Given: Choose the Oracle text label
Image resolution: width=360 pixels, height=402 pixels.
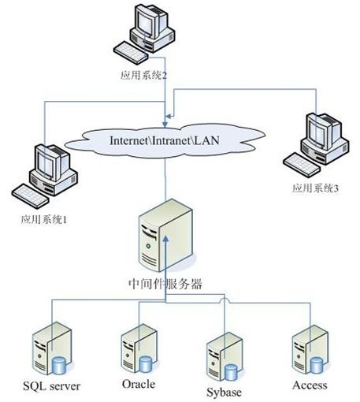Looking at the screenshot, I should point(139,385).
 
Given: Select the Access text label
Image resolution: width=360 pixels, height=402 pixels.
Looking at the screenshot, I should point(310,385).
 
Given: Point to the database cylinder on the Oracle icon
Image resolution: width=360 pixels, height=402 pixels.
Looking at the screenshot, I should point(147,363).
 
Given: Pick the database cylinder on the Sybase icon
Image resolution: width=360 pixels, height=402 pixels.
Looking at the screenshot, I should point(231,370).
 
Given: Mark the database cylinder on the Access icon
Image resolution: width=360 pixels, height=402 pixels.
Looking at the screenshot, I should point(317,363).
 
